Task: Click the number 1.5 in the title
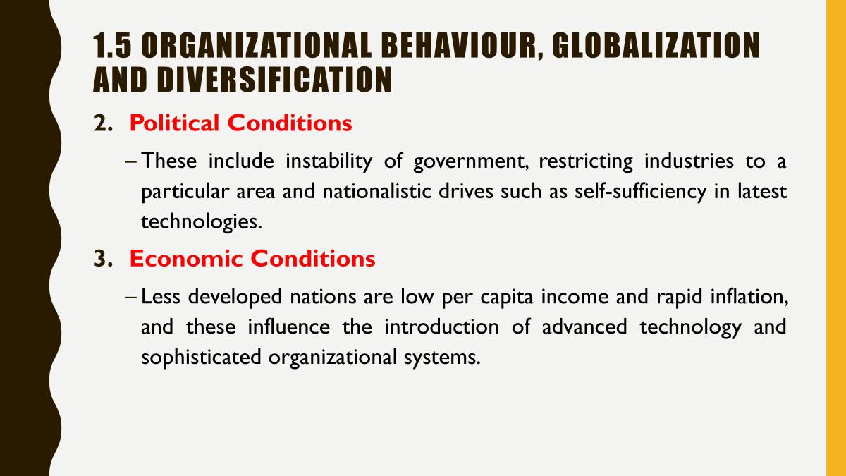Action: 112,47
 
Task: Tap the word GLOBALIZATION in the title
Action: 656,47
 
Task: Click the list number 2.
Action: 103,123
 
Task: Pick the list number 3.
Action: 103,259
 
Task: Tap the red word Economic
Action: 186,259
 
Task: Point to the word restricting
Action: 586,161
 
